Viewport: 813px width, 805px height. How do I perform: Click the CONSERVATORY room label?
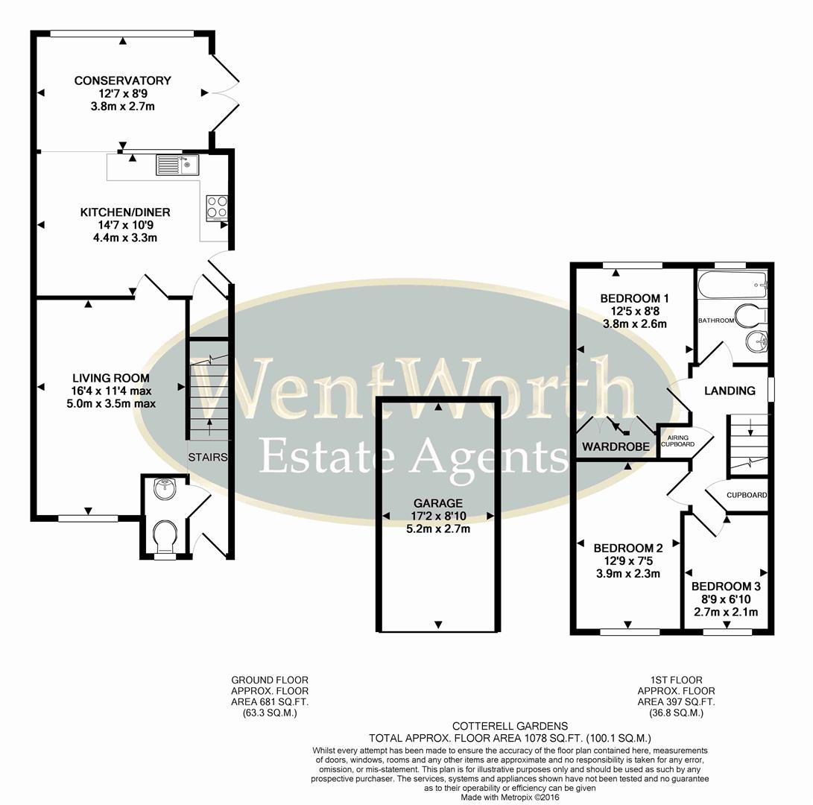[123, 80]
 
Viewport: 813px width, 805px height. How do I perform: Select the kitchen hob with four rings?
[216, 206]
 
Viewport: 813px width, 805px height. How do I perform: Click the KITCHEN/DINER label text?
[125, 212]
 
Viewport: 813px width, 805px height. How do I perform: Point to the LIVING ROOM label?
[110, 378]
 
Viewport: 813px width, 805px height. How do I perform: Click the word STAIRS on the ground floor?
[207, 457]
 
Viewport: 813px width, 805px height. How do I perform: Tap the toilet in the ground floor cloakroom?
[164, 535]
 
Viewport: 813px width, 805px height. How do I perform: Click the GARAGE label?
[439, 503]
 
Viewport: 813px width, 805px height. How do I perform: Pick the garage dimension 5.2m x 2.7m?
[439, 529]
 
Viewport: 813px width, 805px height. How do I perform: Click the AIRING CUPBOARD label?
[680, 441]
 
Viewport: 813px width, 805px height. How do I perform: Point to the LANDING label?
[730, 391]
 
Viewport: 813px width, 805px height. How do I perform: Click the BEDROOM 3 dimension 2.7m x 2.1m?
[725, 612]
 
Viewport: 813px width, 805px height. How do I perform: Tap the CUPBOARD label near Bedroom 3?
[746, 495]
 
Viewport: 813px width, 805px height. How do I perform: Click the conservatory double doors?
[224, 92]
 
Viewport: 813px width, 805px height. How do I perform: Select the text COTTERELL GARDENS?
[510, 725]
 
